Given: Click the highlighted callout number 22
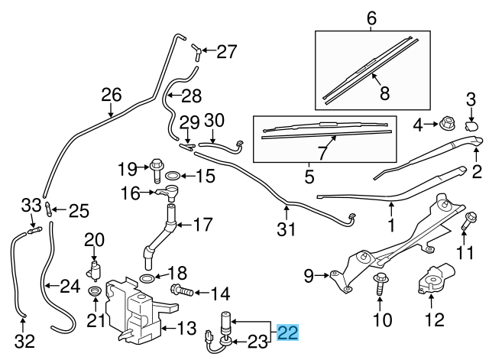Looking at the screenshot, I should click(x=288, y=332).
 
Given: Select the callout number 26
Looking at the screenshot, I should click(x=112, y=95).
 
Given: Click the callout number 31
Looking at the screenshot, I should click(x=287, y=227).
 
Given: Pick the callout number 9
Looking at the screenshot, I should click(x=309, y=274).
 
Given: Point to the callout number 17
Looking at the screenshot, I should click(x=202, y=226).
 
